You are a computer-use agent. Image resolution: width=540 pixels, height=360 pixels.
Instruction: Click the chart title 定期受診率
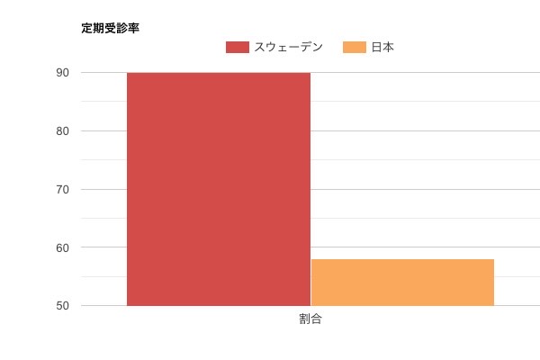point(110,28)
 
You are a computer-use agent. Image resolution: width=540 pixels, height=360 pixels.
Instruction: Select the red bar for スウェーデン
point(219,189)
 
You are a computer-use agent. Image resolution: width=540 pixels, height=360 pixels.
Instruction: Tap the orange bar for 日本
point(402,283)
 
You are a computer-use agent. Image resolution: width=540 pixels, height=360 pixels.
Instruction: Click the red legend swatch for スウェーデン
point(238,48)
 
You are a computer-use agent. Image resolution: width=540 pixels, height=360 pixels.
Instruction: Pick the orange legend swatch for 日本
point(355,48)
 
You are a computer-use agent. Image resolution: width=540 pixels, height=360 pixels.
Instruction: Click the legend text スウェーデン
point(290,48)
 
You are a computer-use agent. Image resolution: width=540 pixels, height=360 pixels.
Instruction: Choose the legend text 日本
point(382,48)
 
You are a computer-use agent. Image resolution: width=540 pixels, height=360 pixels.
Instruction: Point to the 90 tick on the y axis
point(63,73)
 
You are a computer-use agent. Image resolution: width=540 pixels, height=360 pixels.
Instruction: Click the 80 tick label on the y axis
point(63,131)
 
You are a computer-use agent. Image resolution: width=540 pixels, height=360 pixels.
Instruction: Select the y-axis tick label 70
point(63,190)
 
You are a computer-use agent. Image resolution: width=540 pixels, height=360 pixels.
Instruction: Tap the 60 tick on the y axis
point(63,247)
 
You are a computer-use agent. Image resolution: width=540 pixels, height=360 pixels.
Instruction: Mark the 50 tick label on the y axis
point(63,306)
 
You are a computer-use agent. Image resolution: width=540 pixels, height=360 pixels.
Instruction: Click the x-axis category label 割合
point(310,319)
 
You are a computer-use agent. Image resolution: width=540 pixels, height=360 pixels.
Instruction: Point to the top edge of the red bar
point(219,73)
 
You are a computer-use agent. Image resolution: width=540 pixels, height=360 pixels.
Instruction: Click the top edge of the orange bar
point(402,259)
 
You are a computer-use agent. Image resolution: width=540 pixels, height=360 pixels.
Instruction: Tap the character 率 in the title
point(133,28)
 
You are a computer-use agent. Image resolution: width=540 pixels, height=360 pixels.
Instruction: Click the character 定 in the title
point(86,28)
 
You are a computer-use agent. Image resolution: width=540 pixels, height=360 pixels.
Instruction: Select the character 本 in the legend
point(388,48)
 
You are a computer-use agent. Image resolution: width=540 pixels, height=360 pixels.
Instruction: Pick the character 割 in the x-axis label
point(305,319)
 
